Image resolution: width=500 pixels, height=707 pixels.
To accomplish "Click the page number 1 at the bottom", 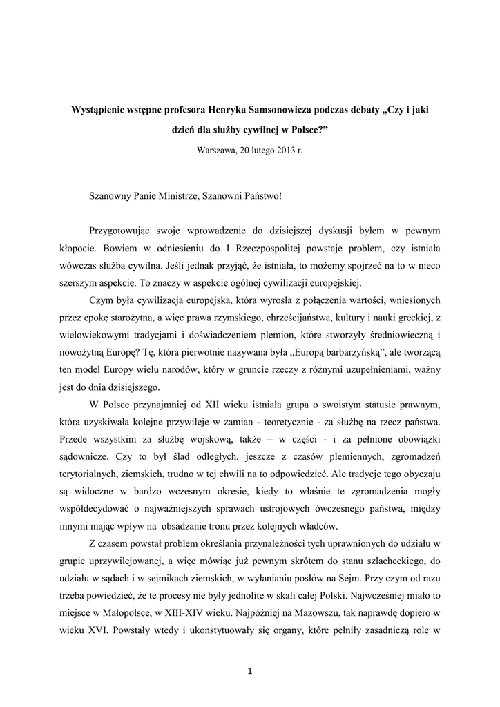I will point(250,670).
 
